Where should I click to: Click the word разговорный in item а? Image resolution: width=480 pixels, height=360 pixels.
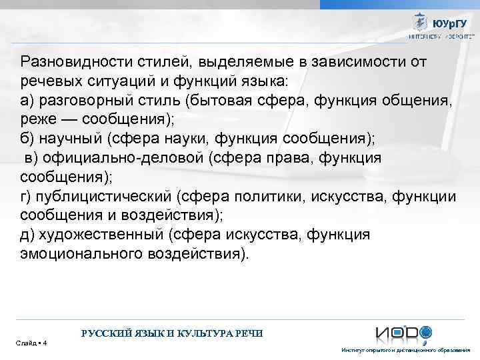[84, 101]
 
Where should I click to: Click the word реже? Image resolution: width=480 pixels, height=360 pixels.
[37, 119]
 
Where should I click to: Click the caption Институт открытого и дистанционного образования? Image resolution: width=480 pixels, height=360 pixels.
[405, 351]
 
